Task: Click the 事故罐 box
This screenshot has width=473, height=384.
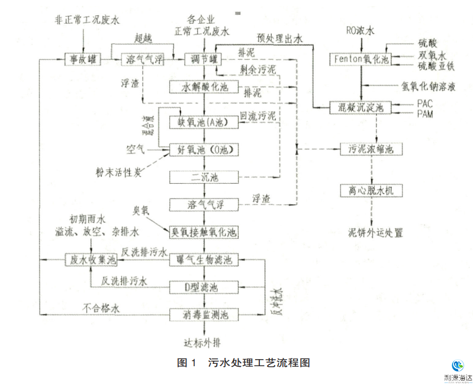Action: click(82, 59)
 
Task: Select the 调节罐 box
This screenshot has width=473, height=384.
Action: click(204, 59)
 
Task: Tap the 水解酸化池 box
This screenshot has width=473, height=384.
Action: click(204, 87)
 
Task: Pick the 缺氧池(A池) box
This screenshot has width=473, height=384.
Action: click(204, 121)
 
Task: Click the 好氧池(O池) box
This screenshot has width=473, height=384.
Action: click(204, 149)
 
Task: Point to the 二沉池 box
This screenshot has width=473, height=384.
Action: click(204, 177)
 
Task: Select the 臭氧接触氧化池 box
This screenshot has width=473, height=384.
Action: click(204, 232)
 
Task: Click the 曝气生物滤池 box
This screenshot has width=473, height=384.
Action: click(204, 260)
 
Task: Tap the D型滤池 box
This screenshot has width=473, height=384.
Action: click(204, 287)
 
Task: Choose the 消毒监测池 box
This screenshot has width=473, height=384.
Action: click(204, 315)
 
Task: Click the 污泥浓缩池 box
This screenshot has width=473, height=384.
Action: click(371, 149)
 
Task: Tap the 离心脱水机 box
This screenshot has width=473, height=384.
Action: click(371, 190)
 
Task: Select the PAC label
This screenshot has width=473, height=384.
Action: click(424, 103)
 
